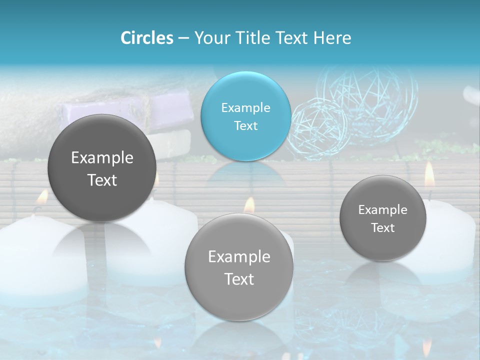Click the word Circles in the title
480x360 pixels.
(x=146, y=38)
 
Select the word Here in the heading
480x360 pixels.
(x=332, y=38)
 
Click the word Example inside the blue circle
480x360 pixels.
(x=245, y=107)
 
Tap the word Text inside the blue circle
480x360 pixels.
(x=245, y=125)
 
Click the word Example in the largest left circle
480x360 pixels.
(x=102, y=158)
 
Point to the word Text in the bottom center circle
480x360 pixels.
(x=239, y=279)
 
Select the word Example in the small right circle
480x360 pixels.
(x=383, y=209)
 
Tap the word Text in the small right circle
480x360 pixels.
(x=383, y=227)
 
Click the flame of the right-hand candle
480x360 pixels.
(x=429, y=173)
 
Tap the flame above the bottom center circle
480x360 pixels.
(x=249, y=204)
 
